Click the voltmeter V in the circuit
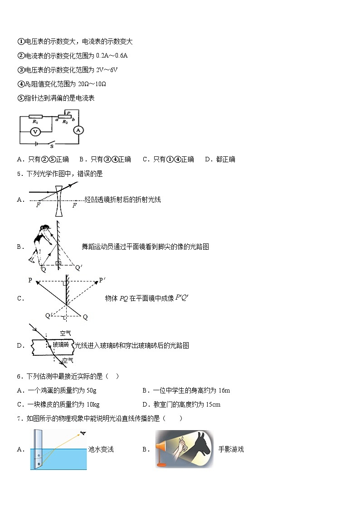click(36, 131)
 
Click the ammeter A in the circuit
click(78, 130)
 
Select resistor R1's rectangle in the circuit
click(35, 116)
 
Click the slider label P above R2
click(68, 111)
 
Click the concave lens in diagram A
click(58, 199)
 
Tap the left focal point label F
click(38, 205)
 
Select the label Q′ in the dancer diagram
click(78, 268)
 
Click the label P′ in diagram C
click(102, 280)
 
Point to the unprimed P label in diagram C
click(30, 280)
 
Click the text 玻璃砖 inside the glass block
click(60, 345)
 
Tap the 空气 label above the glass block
click(65, 333)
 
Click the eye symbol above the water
click(83, 433)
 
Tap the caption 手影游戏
click(231, 449)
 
